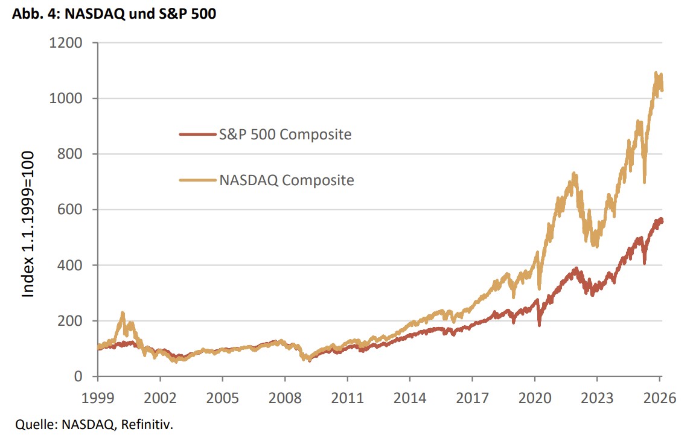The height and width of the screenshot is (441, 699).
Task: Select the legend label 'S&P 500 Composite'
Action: (x=285, y=134)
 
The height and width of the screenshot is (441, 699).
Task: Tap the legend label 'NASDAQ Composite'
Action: (x=286, y=180)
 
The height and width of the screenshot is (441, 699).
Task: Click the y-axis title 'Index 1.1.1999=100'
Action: (x=28, y=224)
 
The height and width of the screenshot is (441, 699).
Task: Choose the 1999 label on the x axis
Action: (x=97, y=399)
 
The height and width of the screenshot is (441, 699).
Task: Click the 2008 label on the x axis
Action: (x=285, y=399)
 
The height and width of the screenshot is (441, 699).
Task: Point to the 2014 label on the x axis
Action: (x=410, y=399)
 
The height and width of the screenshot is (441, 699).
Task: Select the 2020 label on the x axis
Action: (x=535, y=399)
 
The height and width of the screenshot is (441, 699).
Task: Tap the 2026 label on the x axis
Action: (x=660, y=399)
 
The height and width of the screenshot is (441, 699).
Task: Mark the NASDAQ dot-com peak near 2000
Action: (x=123, y=314)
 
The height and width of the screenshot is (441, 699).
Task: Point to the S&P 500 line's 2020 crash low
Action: (x=539, y=325)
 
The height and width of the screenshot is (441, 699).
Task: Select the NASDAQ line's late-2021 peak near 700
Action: (x=574, y=174)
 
